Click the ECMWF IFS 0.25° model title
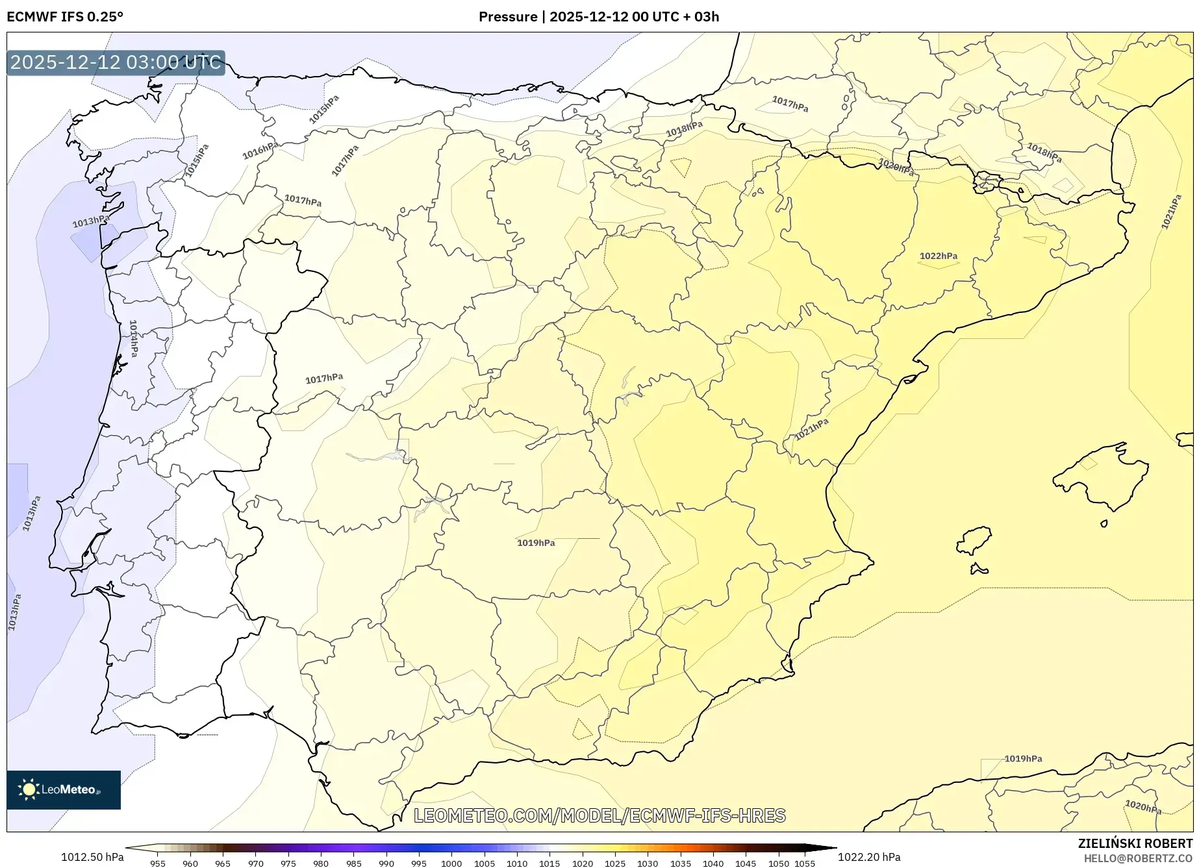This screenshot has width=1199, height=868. pyautogui.click(x=65, y=17)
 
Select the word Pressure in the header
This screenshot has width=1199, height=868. pyautogui.click(x=508, y=17)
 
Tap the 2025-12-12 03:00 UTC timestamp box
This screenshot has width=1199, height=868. pyautogui.click(x=116, y=63)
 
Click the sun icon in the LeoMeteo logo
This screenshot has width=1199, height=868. pyautogui.click(x=29, y=789)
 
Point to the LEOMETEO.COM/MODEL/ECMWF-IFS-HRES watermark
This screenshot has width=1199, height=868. pyautogui.click(x=599, y=815)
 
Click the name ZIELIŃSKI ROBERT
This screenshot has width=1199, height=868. pyautogui.click(x=1135, y=843)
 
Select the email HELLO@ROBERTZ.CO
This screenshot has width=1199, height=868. pyautogui.click(x=1138, y=858)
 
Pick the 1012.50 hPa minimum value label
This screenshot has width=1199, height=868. pyautogui.click(x=92, y=857)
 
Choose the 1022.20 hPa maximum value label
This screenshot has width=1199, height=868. pyautogui.click(x=869, y=857)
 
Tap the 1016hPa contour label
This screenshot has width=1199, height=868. pyautogui.click(x=260, y=151)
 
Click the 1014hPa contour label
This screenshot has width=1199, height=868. pyautogui.click(x=133, y=338)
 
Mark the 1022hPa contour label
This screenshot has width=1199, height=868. pyautogui.click(x=938, y=256)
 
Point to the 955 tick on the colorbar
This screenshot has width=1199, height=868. pyautogui.click(x=158, y=863)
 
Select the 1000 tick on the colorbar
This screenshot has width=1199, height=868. pyautogui.click(x=451, y=863)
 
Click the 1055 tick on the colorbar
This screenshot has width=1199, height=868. pyautogui.click(x=805, y=863)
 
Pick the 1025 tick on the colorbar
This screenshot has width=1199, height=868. pyautogui.click(x=615, y=863)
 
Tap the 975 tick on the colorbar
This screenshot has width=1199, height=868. pyautogui.click(x=288, y=863)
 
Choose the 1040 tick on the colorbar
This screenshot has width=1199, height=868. pyautogui.click(x=713, y=863)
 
